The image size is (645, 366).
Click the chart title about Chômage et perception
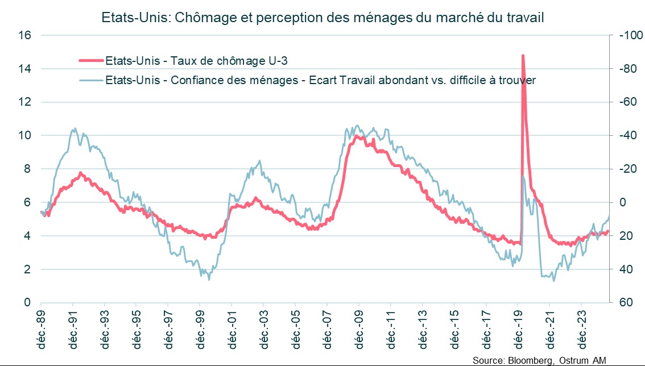[322, 18]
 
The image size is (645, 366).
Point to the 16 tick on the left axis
[24, 35]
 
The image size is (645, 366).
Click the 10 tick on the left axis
[24, 136]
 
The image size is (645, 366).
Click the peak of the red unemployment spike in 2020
[522, 56]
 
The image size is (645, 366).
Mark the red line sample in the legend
[90, 60]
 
